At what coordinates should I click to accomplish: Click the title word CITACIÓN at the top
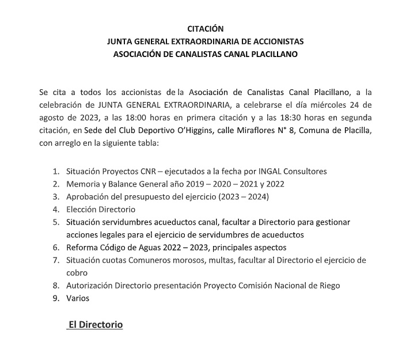206,28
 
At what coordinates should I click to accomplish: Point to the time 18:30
306,119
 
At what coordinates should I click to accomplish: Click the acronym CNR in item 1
147,171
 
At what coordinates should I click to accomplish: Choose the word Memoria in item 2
84,184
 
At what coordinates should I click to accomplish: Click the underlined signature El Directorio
96,325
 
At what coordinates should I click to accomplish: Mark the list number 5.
55,222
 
